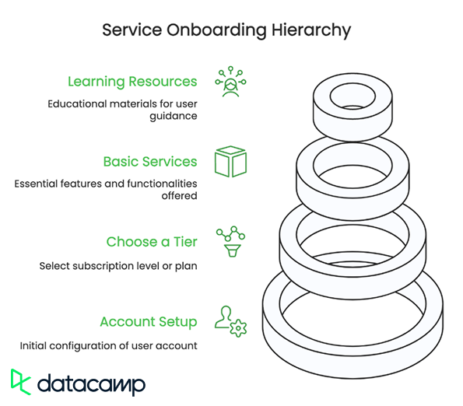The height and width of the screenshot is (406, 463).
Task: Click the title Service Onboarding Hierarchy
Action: point(226,30)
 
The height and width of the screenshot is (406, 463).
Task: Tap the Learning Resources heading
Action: point(132,82)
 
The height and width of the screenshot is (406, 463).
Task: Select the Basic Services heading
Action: point(150,162)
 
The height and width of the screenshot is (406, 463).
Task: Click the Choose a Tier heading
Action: point(152,242)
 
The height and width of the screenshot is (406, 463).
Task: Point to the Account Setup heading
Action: point(149,322)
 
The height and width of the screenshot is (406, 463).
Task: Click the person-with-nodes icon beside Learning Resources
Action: point(230,82)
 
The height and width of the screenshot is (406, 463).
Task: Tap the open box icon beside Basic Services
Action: point(230,162)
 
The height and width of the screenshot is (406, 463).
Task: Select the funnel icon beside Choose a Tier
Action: point(232,250)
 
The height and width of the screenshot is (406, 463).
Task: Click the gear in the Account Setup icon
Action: point(238,328)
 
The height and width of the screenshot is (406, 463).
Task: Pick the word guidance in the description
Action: point(174,116)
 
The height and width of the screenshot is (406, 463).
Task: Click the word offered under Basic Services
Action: point(179,196)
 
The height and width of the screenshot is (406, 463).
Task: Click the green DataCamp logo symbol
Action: point(21,382)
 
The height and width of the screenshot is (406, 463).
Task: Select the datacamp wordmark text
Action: point(92,384)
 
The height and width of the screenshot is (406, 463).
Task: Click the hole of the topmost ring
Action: point(353,96)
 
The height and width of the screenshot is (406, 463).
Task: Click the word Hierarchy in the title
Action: point(311,30)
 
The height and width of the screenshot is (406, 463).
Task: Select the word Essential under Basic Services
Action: point(36,184)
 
